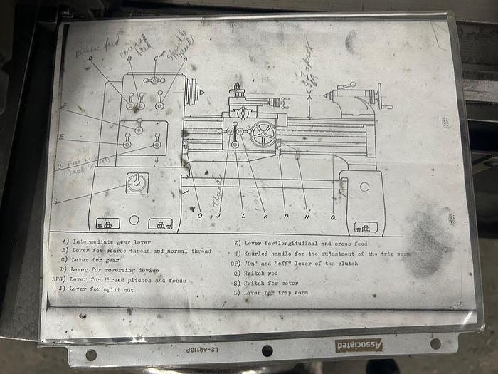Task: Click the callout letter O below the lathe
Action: [199, 215]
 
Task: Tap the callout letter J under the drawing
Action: [218, 215]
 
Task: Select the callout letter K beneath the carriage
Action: [265, 215]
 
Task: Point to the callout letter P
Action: [286, 215]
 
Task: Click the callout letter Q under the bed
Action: [333, 215]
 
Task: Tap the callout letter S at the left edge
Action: [56, 202]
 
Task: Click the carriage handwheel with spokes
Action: [263, 135]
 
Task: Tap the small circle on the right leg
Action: [364, 187]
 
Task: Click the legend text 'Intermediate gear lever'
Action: [107, 242]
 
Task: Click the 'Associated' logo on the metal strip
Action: [359, 345]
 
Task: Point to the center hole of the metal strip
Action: [267, 350]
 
